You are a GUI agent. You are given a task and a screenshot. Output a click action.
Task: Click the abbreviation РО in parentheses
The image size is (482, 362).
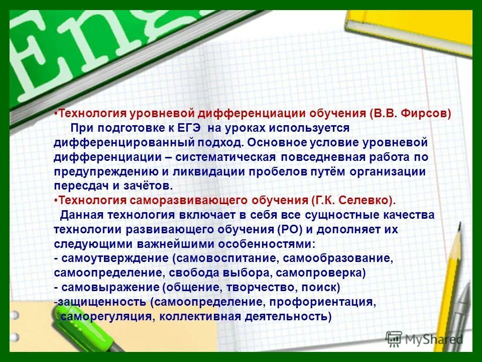(x=291, y=230)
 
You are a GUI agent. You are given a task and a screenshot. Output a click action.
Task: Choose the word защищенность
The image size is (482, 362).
(x=102, y=302)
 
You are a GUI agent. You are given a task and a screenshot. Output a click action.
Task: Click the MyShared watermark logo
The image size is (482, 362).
(x=424, y=339)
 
